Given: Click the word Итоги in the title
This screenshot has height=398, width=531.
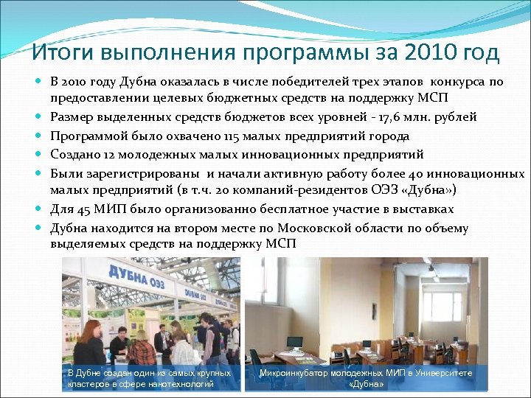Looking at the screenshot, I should [x=61, y=53].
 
